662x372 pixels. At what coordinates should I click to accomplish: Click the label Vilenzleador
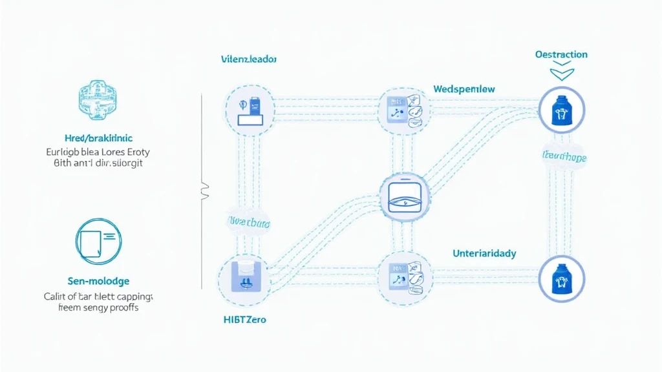(x=248, y=59)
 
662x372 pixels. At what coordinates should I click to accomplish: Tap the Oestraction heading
(x=561, y=54)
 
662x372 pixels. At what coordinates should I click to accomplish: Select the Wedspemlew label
(x=464, y=88)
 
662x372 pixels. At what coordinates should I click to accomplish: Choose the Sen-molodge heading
(x=98, y=281)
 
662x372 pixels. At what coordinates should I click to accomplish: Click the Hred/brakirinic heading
(x=98, y=138)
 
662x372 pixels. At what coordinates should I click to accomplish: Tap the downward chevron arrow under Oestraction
(x=561, y=73)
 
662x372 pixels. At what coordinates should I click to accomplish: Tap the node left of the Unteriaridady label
(x=404, y=278)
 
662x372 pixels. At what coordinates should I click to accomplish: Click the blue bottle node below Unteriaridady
(x=561, y=279)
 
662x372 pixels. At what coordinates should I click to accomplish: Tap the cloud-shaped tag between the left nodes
(x=248, y=223)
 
